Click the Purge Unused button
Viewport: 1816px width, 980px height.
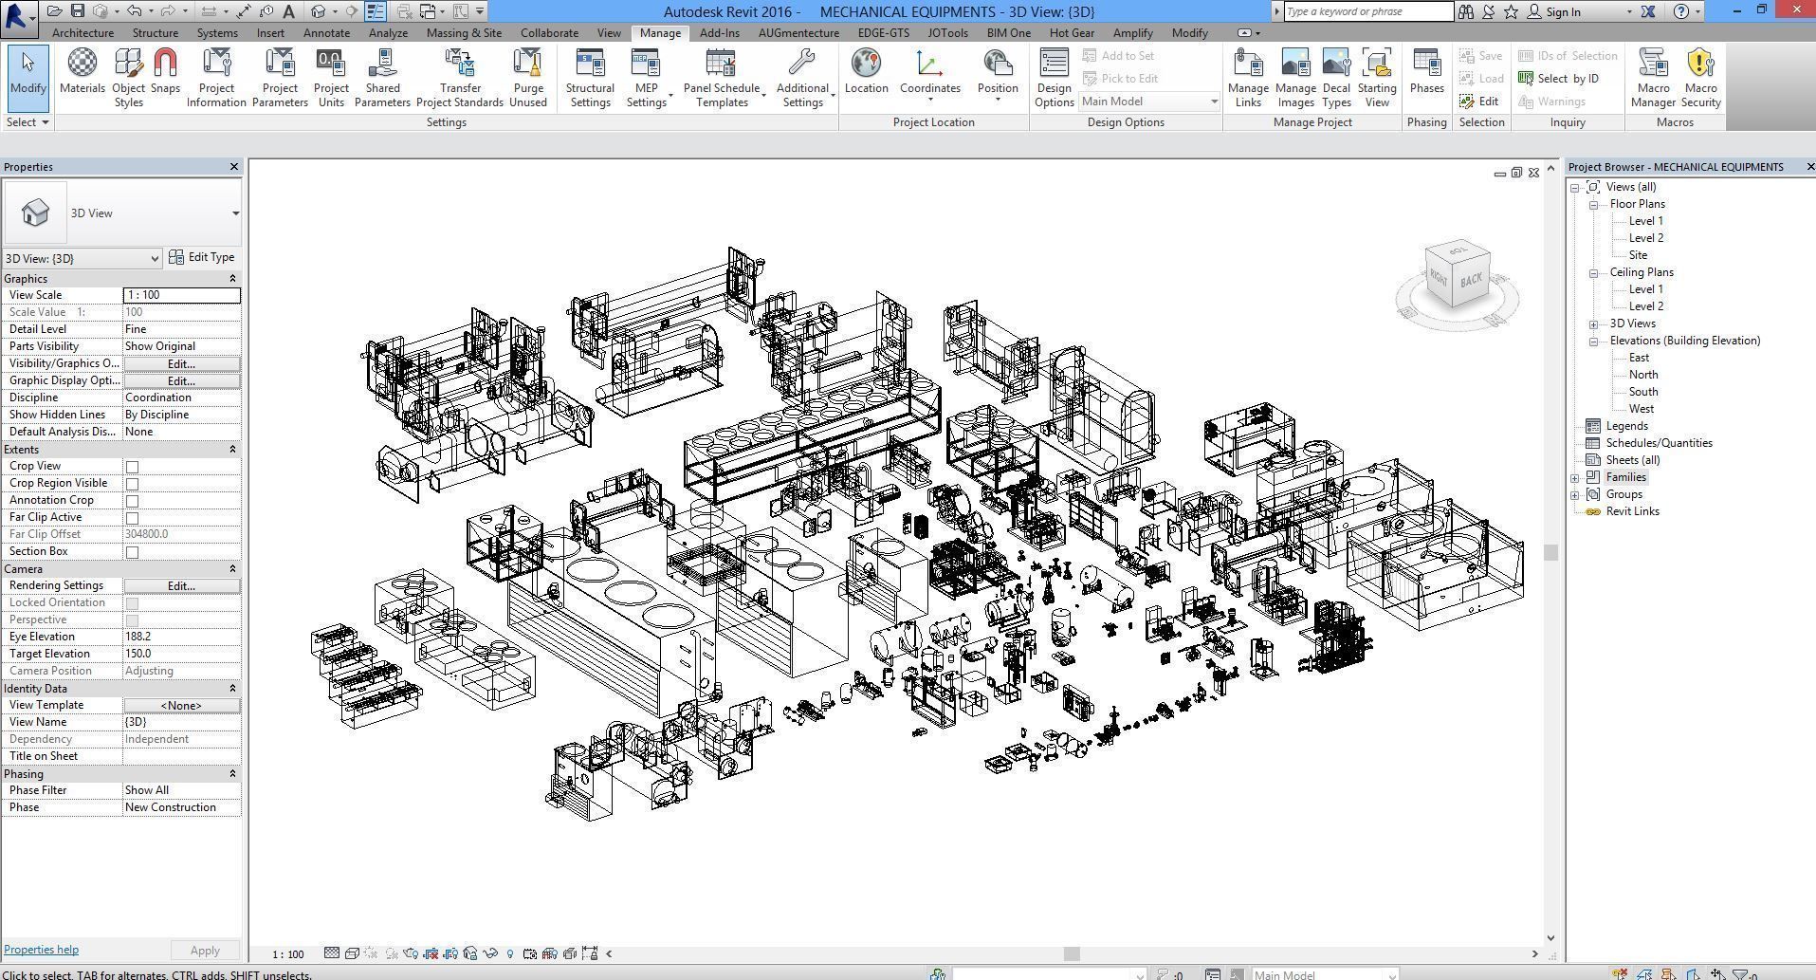click(x=527, y=78)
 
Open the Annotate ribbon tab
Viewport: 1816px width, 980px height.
click(x=326, y=32)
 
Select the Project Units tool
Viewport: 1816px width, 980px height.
click(x=331, y=78)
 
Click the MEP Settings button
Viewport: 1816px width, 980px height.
click(x=646, y=78)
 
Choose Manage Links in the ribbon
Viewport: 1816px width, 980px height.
click(x=1248, y=78)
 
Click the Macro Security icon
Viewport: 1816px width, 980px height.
click(x=1700, y=78)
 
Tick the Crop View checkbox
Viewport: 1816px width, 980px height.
click(x=133, y=467)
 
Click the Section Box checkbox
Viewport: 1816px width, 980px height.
click(x=133, y=552)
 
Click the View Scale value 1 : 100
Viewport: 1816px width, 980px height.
click(x=180, y=295)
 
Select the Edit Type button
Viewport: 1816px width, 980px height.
click(x=202, y=257)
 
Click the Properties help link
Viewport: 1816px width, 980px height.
click(x=41, y=950)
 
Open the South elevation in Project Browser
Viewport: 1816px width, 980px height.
click(x=1643, y=392)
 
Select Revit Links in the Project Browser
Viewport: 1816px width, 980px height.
click(x=1632, y=511)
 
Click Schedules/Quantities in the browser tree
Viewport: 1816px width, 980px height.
click(x=1659, y=443)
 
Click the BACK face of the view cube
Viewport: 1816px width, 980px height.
click(x=1471, y=280)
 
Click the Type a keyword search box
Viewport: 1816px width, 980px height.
click(x=1367, y=11)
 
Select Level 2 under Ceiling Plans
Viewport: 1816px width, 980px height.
click(x=1645, y=306)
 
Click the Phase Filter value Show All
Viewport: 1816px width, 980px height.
click(x=180, y=790)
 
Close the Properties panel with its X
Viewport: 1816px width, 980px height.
click(x=234, y=167)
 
